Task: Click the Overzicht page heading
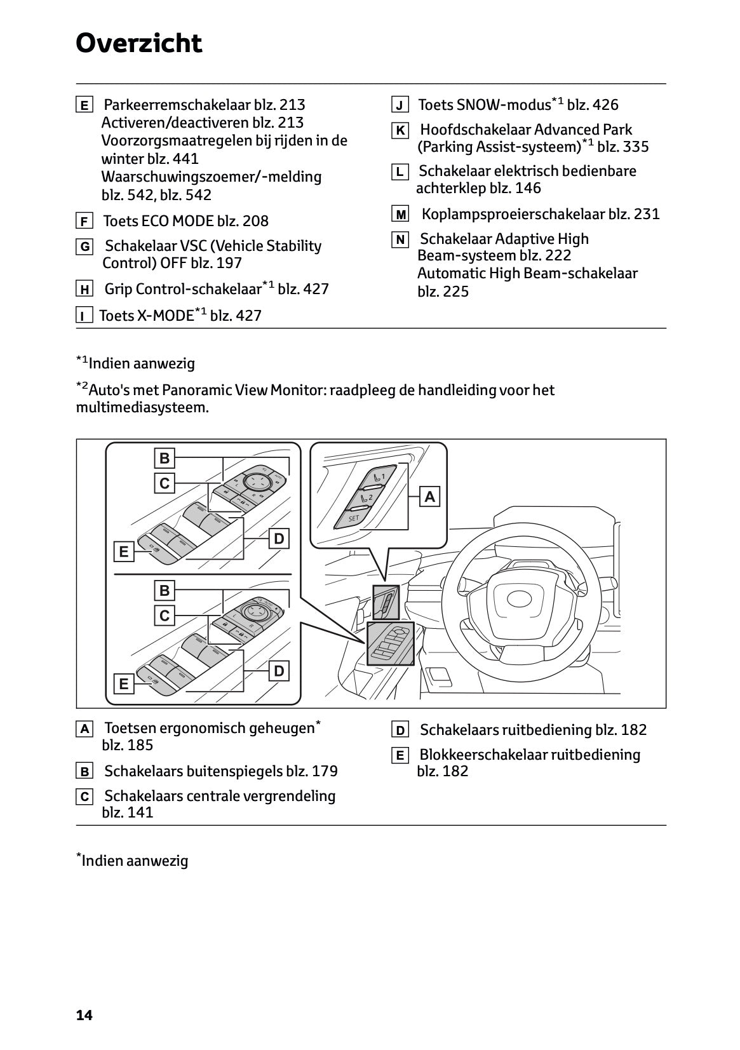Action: (x=138, y=43)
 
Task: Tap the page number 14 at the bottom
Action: (x=84, y=1015)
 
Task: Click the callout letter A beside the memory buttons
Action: (x=430, y=497)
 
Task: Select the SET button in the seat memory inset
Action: (x=354, y=518)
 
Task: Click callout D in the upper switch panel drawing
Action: (x=279, y=539)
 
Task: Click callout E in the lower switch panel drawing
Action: (x=124, y=684)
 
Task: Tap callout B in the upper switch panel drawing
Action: (x=165, y=458)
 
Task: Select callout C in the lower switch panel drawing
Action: (x=165, y=616)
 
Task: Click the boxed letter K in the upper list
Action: (x=400, y=131)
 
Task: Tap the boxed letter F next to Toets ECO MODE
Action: (x=84, y=222)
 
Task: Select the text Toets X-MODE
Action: (x=146, y=316)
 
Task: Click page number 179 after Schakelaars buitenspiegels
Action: (x=325, y=771)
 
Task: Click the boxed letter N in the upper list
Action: (x=400, y=240)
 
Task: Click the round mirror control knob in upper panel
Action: (x=257, y=482)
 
